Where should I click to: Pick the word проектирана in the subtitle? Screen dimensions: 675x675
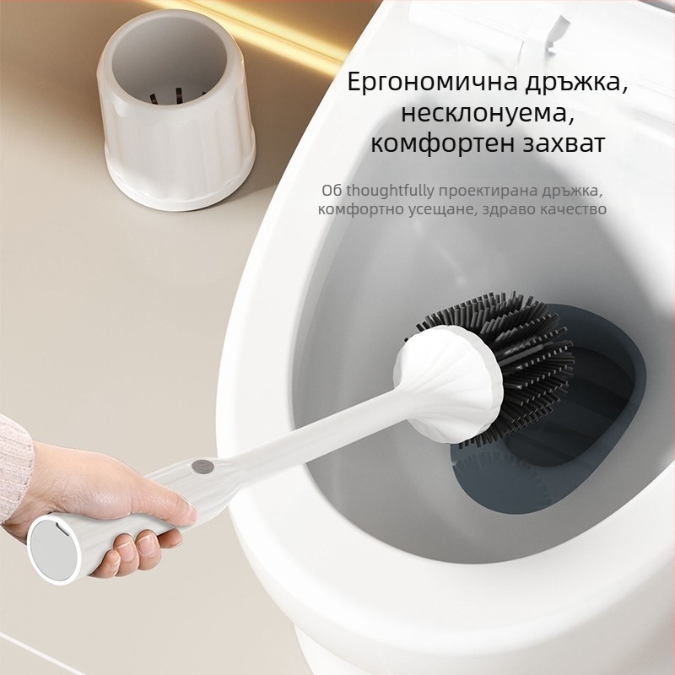[x=473, y=191]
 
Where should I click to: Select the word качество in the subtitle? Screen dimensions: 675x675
[x=573, y=209]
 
